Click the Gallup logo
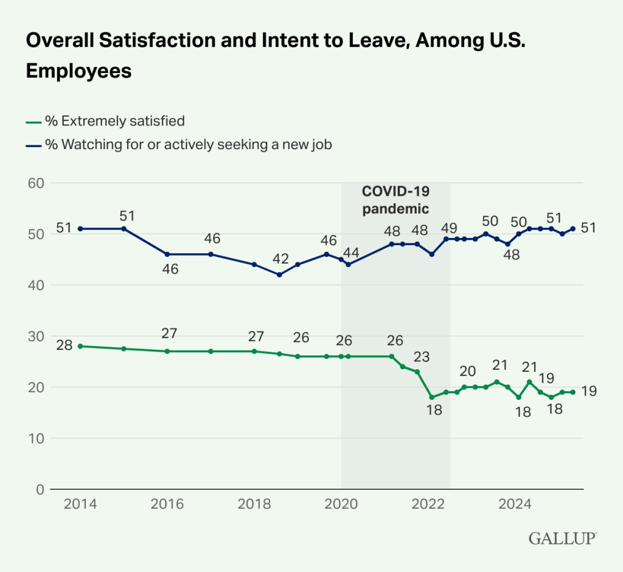click(563, 538)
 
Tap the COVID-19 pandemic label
click(396, 200)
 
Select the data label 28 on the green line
click(64, 346)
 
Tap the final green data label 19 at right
click(588, 392)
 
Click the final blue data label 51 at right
click(588, 229)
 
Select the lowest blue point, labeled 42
click(279, 274)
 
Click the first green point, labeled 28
click(81, 346)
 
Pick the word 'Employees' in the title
click(78, 71)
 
